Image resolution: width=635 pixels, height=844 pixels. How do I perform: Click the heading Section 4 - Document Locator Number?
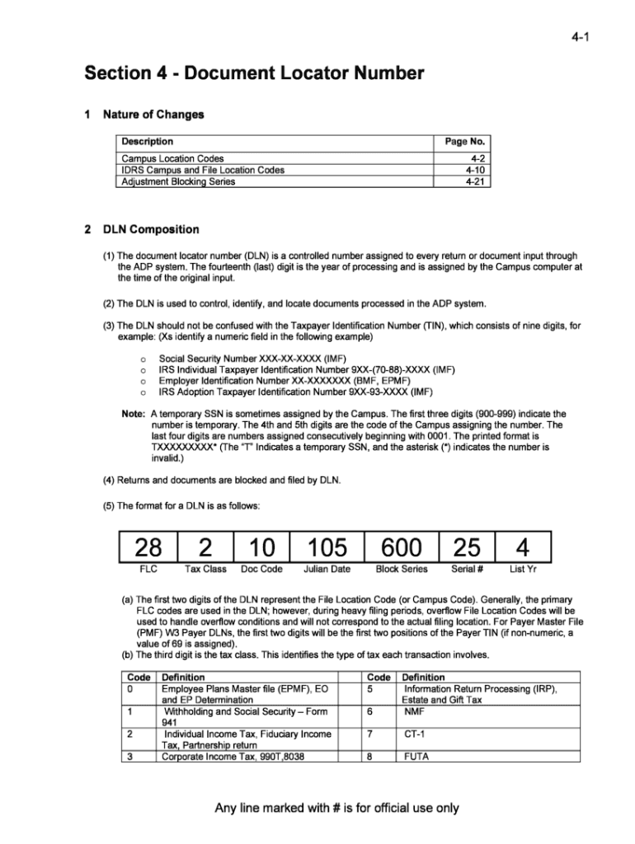pos(254,74)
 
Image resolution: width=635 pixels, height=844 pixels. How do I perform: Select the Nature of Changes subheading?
pos(153,114)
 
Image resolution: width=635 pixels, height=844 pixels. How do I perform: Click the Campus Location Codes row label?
pos(172,158)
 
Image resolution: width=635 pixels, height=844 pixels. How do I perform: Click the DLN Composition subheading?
pos(151,229)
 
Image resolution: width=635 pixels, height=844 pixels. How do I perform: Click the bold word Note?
pos(134,414)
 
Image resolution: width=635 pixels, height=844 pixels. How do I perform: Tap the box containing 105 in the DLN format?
pos(327,546)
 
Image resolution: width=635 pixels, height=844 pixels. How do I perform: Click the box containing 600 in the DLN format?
pos(402,546)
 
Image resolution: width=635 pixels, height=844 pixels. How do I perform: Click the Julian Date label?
pos(327,569)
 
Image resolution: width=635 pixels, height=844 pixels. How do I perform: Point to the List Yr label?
pos(523,569)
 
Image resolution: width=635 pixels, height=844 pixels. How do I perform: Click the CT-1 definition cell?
pos(414,733)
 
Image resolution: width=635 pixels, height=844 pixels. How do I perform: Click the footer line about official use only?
pos(336,808)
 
